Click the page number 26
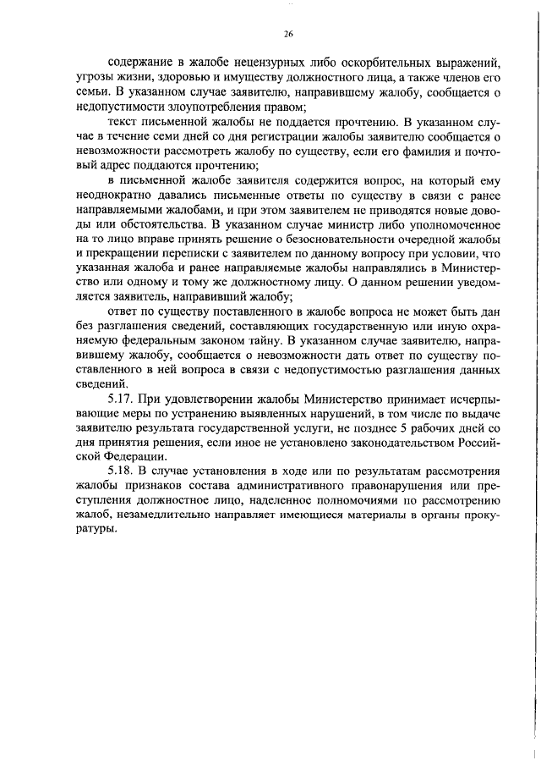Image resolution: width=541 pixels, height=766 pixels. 288,35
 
